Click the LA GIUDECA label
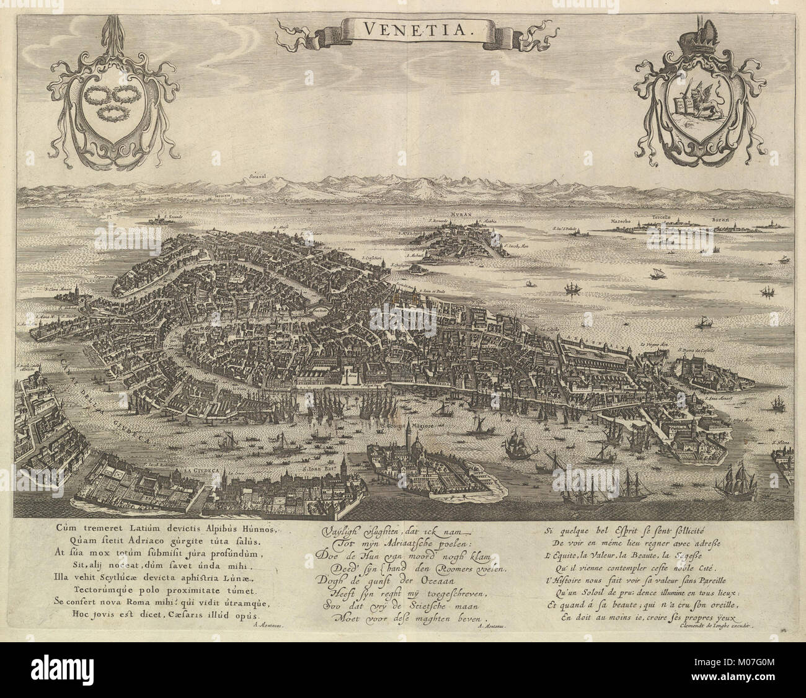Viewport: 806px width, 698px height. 198,471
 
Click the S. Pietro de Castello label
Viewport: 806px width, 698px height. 702,351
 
